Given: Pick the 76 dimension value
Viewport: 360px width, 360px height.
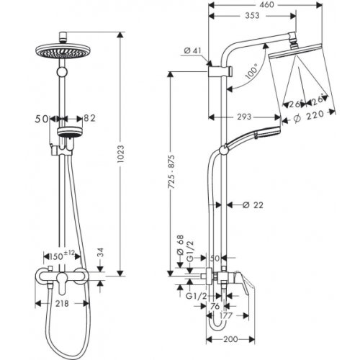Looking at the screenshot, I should [x=215, y=305].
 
